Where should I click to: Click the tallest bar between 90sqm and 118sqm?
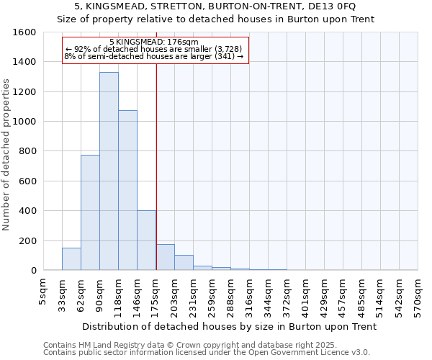[109, 171]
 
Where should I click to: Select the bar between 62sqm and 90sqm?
[90, 212]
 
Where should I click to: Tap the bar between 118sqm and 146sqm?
[127, 190]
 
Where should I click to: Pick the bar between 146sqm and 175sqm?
[146, 240]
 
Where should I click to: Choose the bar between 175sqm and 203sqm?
[165, 257]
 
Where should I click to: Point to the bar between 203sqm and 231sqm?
[184, 263]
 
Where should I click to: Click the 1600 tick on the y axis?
[26, 32]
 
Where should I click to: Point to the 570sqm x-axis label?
[418, 295]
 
